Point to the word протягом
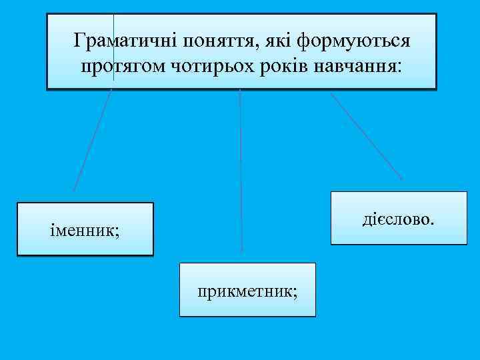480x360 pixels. (117, 67)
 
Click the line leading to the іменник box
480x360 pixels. (92, 141)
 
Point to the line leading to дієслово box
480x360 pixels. (366, 134)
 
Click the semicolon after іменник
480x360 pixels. (117, 233)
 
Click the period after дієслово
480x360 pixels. (432, 222)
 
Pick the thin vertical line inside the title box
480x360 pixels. (113, 47)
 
